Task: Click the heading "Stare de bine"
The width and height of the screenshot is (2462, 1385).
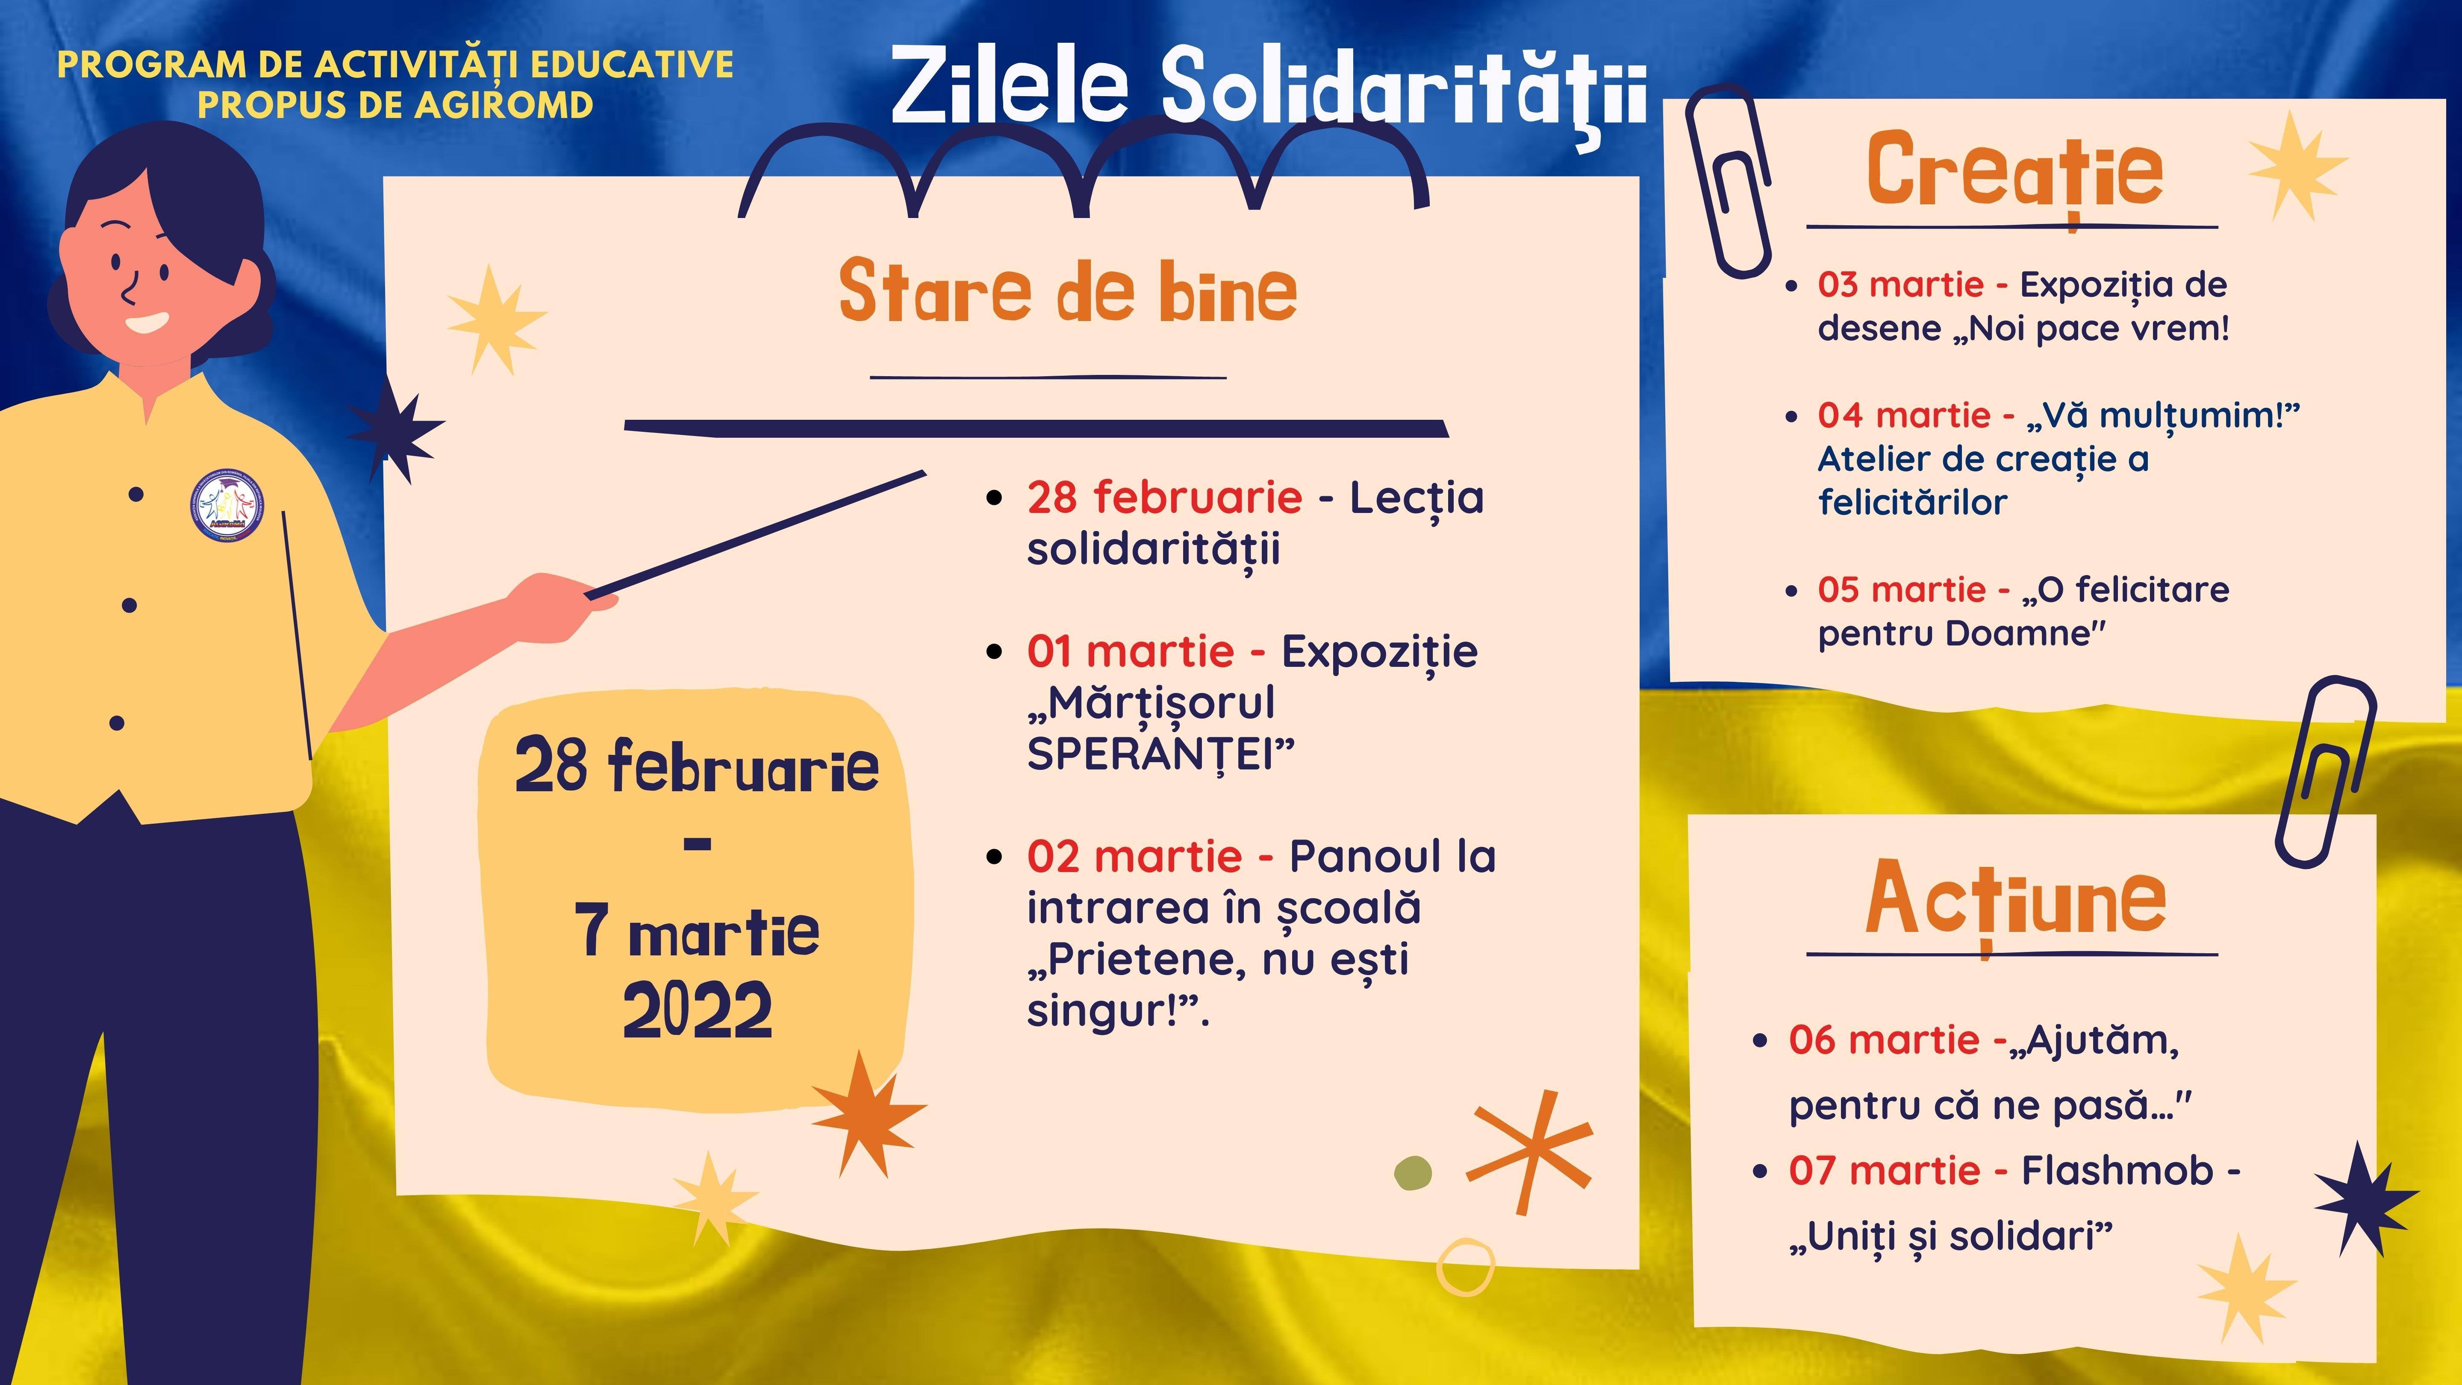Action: point(1068,292)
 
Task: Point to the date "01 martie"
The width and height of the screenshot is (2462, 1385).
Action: point(1131,652)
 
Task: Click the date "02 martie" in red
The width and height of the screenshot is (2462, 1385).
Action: point(1134,856)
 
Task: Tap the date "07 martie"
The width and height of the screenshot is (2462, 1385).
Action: point(1884,1171)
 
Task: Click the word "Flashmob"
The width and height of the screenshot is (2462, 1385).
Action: point(2117,1171)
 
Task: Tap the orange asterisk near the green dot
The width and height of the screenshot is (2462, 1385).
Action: point(1529,1152)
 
